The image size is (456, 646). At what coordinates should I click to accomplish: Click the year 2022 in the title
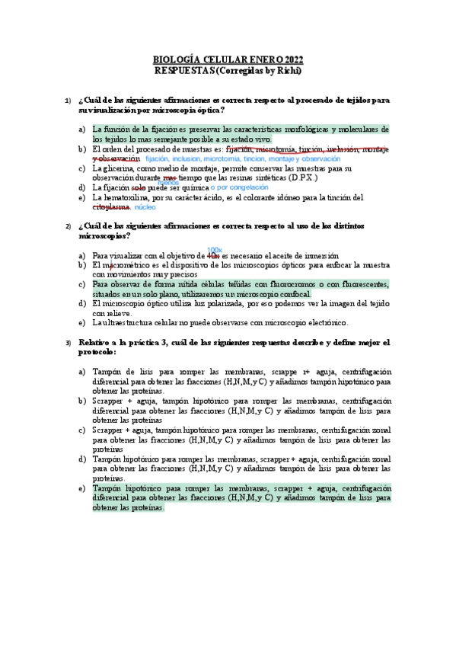(289, 59)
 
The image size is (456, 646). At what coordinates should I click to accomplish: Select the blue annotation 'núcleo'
(146, 206)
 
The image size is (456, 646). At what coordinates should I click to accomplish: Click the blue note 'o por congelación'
(240, 187)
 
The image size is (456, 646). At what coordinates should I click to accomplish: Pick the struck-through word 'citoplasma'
(111, 206)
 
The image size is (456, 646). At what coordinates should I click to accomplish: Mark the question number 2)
(67, 226)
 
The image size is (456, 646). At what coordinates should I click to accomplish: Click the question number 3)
(67, 343)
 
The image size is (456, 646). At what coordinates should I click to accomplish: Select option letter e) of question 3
(82, 488)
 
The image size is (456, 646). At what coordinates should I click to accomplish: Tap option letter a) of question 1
(82, 130)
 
